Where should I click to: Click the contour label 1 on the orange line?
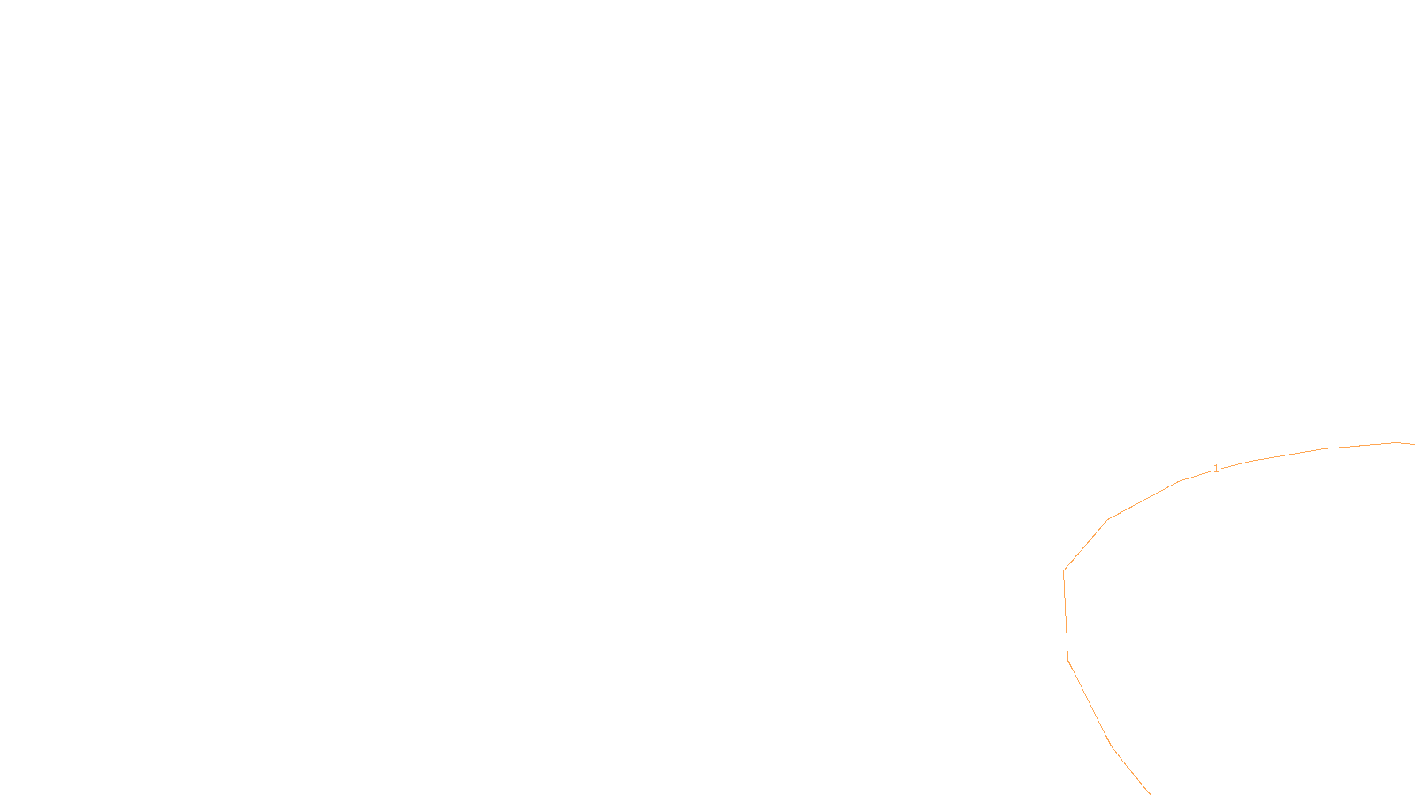pos(1216,469)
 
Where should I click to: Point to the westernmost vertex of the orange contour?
pos(1063,570)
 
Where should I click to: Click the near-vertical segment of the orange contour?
pos(1066,616)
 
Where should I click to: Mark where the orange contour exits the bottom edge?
pos(1150,794)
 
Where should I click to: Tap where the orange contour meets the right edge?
pos(1413,444)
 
